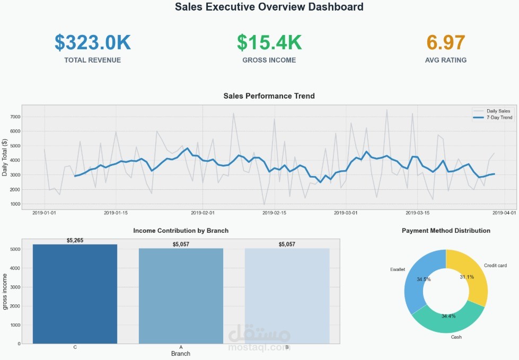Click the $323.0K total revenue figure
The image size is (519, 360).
(x=92, y=42)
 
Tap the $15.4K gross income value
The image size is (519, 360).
(x=269, y=42)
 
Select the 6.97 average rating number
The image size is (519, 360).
(x=446, y=42)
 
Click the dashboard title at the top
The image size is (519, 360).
(x=269, y=7)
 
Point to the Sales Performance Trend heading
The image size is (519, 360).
(x=269, y=96)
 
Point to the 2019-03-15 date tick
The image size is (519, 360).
(x=418, y=213)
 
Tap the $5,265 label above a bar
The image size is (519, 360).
(x=75, y=241)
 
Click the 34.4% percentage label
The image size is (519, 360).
(x=448, y=316)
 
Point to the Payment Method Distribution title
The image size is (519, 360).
(x=446, y=231)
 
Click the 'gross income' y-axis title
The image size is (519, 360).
(x=5, y=292)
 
